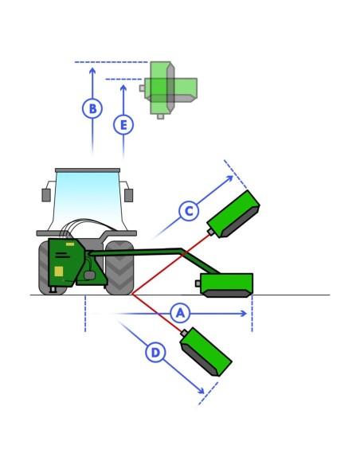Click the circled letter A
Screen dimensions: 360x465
[x=180, y=313]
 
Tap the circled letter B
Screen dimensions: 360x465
[x=92, y=108]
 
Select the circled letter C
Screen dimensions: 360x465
[x=189, y=211]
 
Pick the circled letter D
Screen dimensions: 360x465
[x=155, y=353]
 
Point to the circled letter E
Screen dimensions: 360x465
[x=123, y=124]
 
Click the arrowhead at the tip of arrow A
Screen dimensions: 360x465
[x=244, y=314]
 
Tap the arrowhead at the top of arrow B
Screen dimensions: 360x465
[x=92, y=71]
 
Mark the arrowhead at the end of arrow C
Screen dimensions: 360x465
[x=229, y=179]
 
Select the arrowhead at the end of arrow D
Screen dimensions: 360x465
[x=201, y=391]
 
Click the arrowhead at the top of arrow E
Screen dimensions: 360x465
[x=123, y=88]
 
